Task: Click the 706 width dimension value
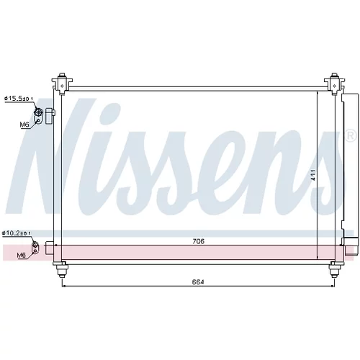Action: point(198,241)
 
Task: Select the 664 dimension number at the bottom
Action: point(198,282)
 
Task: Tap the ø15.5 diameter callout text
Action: point(19,99)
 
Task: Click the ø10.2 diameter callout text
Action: point(17,233)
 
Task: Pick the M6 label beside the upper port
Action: point(24,125)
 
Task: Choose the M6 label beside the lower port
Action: point(21,256)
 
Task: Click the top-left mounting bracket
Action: point(62,83)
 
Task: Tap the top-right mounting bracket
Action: point(334,83)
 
